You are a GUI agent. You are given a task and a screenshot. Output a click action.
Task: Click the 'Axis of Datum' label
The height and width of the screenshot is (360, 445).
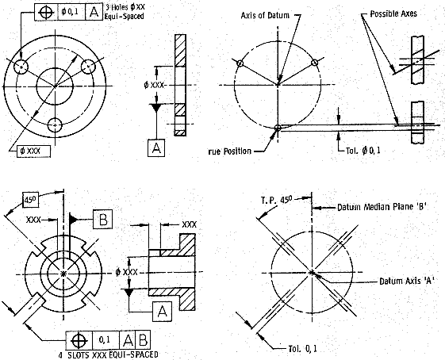[265, 15]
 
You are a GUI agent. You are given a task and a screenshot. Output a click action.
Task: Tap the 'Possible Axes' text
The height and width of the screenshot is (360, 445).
[393, 13]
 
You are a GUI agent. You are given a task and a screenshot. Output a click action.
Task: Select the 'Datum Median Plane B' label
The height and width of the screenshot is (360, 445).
[382, 207]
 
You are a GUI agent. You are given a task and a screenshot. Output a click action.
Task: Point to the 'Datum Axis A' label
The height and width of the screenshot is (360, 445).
[407, 281]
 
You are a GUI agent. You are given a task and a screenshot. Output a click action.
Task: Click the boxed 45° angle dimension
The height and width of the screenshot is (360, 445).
[31, 200]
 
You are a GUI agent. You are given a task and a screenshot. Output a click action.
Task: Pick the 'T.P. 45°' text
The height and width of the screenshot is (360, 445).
[276, 200]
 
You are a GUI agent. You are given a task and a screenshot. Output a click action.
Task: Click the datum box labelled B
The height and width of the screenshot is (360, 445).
[103, 219]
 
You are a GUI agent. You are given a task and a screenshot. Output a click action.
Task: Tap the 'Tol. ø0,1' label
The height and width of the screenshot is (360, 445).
[363, 151]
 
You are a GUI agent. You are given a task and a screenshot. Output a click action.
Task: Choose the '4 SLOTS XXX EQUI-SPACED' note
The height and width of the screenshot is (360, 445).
[108, 355]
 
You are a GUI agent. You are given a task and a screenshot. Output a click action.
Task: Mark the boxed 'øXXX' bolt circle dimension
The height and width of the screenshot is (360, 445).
[34, 151]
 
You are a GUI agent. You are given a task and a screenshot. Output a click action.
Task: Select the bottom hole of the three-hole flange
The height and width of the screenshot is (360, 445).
[55, 125]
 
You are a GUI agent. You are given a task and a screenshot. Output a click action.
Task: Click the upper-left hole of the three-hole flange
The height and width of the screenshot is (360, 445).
[21, 67]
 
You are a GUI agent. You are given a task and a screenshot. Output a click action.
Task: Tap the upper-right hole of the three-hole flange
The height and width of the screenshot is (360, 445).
[89, 66]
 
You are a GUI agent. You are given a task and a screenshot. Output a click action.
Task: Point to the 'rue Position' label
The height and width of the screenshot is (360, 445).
[230, 151]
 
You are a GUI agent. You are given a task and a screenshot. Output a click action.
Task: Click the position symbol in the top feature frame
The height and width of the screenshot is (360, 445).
[46, 12]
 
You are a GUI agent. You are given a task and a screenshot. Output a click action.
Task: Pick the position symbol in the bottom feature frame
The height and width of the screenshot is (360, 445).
[79, 340]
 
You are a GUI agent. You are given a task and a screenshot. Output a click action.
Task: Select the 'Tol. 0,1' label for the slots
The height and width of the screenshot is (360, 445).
[303, 348]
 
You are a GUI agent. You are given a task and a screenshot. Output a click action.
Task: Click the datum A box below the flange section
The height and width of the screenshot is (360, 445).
[156, 147]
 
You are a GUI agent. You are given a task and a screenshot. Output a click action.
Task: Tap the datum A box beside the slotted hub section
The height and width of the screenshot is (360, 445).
[162, 312]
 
